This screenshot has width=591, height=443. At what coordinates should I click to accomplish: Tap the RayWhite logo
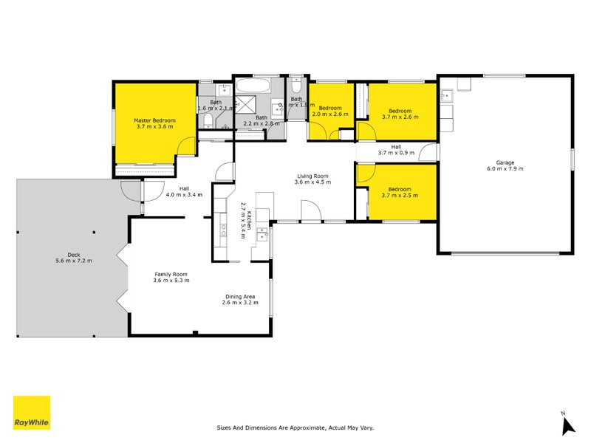(x=32, y=413)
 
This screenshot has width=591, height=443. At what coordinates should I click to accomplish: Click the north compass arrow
(x=567, y=425)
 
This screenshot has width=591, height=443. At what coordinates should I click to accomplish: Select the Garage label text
(x=505, y=162)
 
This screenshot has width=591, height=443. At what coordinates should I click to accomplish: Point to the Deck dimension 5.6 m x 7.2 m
(x=68, y=261)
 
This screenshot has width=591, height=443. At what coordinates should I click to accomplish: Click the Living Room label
(x=312, y=176)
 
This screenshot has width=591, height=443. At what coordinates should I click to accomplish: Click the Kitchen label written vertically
(x=250, y=221)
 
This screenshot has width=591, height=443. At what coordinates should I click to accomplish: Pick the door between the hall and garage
(x=428, y=153)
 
